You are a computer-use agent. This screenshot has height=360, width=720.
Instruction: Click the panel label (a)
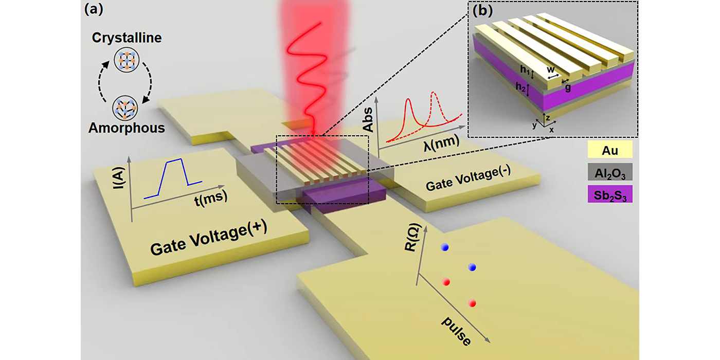[x=93, y=9]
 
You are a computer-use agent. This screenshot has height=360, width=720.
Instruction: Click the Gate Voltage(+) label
[x=208, y=242]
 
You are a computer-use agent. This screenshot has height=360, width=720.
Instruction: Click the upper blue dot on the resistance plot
[x=445, y=248]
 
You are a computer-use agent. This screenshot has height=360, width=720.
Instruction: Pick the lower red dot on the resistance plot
[x=472, y=303]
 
